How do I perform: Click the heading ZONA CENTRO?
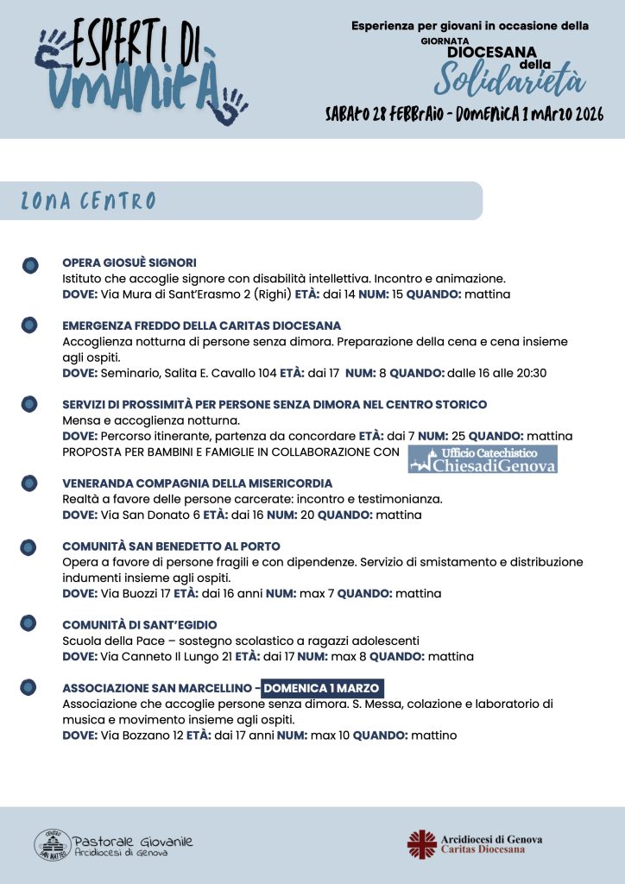tap(88, 202)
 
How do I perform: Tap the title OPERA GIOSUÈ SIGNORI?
tap(129, 262)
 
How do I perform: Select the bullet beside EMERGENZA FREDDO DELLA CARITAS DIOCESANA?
tap(29, 325)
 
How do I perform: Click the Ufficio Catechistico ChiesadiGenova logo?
tap(483, 459)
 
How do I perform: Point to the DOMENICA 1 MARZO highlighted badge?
tap(322, 688)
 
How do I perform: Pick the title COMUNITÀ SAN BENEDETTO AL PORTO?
tap(171, 546)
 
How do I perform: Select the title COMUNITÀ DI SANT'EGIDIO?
tap(139, 625)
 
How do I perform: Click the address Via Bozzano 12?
tap(141, 736)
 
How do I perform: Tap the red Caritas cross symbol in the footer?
tap(422, 843)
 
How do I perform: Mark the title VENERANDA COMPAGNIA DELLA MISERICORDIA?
tap(197, 483)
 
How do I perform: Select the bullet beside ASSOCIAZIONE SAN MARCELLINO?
tap(29, 688)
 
